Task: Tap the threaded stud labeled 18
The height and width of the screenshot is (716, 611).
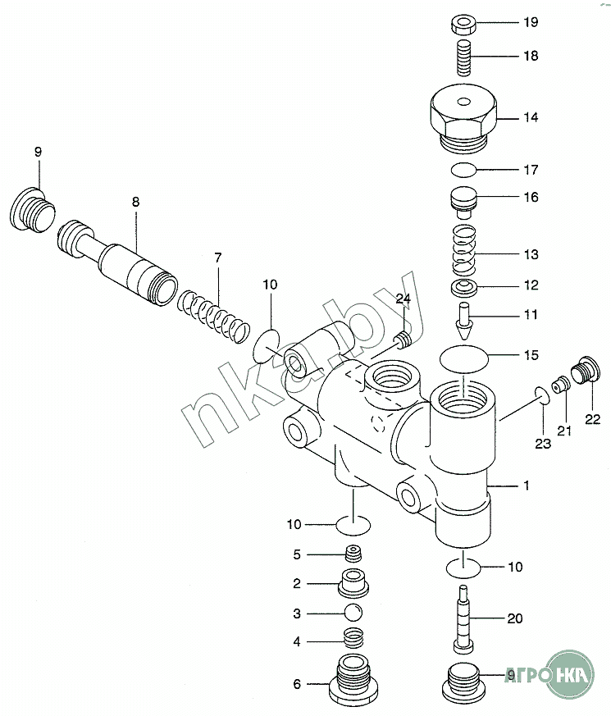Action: coord(464,58)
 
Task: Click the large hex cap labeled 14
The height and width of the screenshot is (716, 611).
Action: coord(463,119)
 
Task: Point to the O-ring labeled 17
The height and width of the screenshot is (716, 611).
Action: coord(463,170)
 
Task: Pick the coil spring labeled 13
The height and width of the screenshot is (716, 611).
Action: coord(464,250)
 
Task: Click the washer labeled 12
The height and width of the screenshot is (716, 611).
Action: coord(465,287)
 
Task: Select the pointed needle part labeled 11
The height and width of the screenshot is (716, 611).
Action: coord(465,322)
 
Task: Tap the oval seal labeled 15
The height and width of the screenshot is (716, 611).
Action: coord(464,358)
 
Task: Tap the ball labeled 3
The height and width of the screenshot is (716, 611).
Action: coord(353,613)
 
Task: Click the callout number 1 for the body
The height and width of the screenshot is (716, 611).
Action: coord(526,486)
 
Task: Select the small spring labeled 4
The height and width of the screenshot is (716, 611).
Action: coord(353,635)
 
